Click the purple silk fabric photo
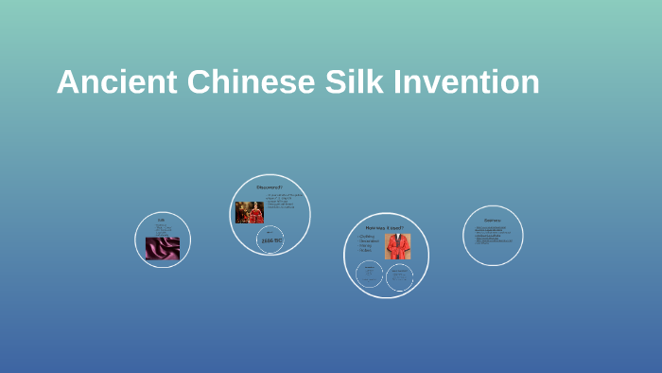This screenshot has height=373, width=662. coord(162,249)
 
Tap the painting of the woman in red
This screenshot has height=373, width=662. coord(249,212)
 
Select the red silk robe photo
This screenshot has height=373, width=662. coord(397,246)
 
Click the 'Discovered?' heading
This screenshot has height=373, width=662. coord(270,188)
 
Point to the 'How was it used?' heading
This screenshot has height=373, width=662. coord(385,227)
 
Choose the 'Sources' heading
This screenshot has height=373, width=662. coord(493,219)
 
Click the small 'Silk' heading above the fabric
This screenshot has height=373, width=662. coord(161,220)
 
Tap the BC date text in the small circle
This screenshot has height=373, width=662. coord(271,241)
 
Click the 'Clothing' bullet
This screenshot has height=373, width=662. coord(367,236)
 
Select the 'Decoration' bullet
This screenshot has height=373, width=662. coord(369,240)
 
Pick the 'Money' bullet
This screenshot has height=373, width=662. coord(366,245)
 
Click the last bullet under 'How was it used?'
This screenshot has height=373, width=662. coord(365,250)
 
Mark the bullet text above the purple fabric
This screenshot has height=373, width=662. coord(163,229)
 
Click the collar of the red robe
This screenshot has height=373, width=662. coord(397,237)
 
